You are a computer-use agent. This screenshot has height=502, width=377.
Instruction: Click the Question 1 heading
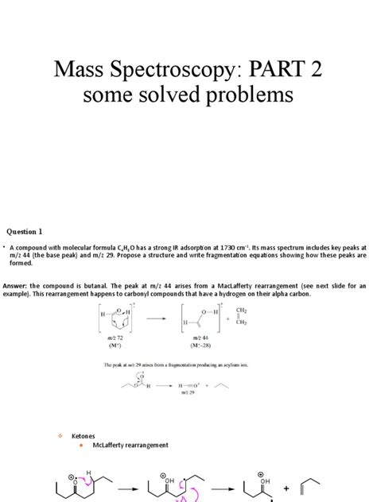coord(24,231)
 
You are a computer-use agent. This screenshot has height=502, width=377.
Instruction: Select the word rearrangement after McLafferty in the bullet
coord(154,448)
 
